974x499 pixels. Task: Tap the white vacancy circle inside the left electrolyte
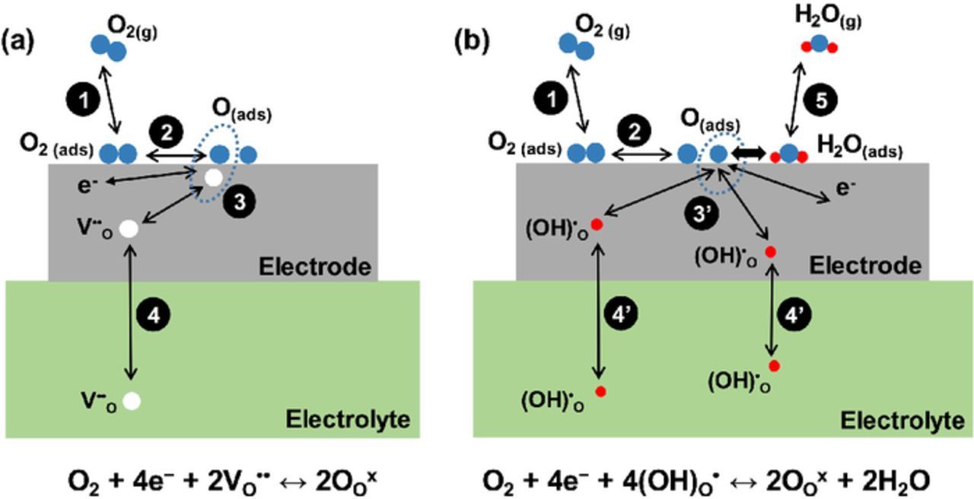coord(132,400)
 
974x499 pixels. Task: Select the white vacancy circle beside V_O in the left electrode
coord(129,227)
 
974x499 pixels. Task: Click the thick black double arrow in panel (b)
coord(748,153)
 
